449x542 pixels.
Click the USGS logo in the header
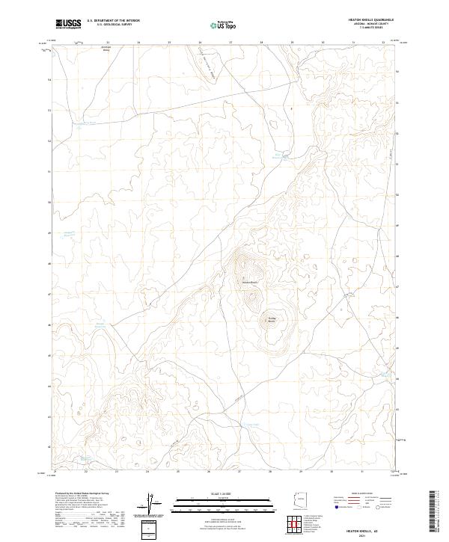68,24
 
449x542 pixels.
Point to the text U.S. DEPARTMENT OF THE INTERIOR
113,21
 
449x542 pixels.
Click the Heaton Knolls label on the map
249,282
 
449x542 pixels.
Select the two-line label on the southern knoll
272,318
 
